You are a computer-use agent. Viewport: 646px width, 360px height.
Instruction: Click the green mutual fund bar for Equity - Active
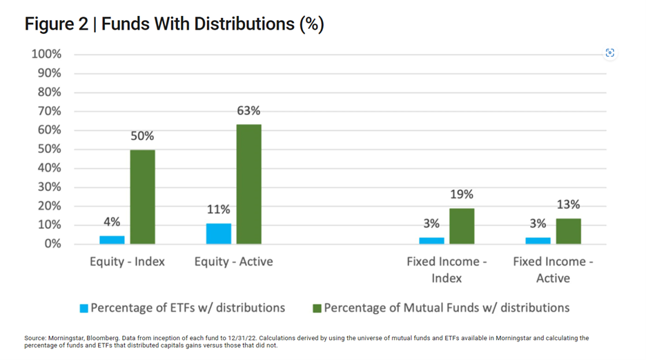pyautogui.click(x=248, y=184)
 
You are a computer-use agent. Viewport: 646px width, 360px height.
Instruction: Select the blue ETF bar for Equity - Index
pyautogui.click(x=112, y=239)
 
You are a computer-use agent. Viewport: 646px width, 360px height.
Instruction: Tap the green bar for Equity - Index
pyautogui.click(x=142, y=197)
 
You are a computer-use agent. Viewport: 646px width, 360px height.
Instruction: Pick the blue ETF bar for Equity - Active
pyautogui.click(x=218, y=233)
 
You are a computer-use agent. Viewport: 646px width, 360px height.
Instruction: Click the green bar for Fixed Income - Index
pyautogui.click(x=462, y=226)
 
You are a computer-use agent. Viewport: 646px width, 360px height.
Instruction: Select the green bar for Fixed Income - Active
pyautogui.click(x=568, y=231)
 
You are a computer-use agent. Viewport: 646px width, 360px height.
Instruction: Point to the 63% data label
pyautogui.click(x=248, y=111)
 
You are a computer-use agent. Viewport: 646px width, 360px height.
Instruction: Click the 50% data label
pyautogui.click(x=142, y=136)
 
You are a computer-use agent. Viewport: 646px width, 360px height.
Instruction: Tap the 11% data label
pyautogui.click(x=218, y=210)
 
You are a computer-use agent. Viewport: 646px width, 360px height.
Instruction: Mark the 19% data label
pyautogui.click(x=462, y=194)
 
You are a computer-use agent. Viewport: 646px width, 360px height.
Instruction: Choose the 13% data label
pyautogui.click(x=568, y=205)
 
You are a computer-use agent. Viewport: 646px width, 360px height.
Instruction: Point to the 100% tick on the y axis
pyautogui.click(x=46, y=54)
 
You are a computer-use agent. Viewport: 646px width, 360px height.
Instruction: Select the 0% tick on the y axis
pyautogui.click(x=52, y=244)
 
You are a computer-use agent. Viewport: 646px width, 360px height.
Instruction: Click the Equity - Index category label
pyautogui.click(x=127, y=262)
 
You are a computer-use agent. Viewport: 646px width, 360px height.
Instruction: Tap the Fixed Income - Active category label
pyautogui.click(x=553, y=270)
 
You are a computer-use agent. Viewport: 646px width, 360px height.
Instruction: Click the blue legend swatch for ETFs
pyautogui.click(x=84, y=308)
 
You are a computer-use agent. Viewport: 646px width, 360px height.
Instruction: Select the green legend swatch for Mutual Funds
pyautogui.click(x=317, y=308)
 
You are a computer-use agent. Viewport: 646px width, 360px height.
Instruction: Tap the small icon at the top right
pyautogui.click(x=609, y=53)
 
